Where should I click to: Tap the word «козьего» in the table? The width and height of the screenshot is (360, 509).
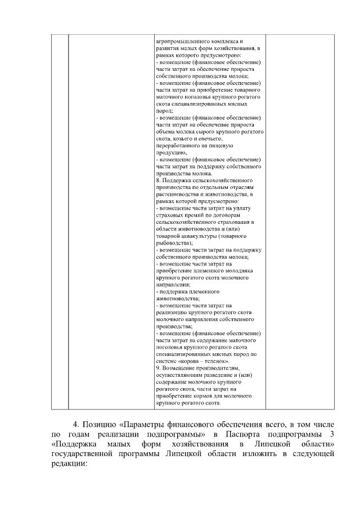pyautogui.click(x=180, y=138)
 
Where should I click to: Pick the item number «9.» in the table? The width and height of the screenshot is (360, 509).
pyautogui.click(x=159, y=368)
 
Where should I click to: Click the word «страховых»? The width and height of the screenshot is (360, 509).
pyautogui.click(x=169, y=215)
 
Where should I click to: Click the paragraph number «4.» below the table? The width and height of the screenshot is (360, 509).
pyautogui.click(x=78, y=423)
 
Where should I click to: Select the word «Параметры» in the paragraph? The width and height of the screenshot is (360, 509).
pyautogui.click(x=145, y=423)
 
